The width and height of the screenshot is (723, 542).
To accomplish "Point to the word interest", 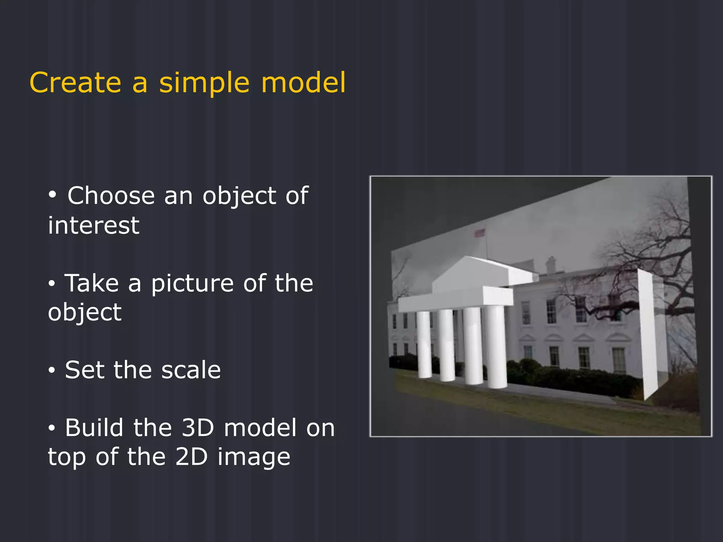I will tap(94, 225).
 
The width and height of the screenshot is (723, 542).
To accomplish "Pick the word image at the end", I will tap(253, 458).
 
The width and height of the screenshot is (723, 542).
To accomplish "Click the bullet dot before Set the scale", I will tap(52, 371).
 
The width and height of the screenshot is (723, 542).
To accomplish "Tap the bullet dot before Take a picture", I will tap(52, 283).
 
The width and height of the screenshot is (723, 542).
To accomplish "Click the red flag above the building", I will tap(479, 233).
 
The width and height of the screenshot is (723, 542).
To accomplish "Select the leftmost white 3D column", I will tap(424, 344).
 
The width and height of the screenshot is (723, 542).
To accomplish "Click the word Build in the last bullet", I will tap(94, 428).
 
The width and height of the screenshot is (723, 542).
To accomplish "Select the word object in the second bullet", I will tap(85, 313).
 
